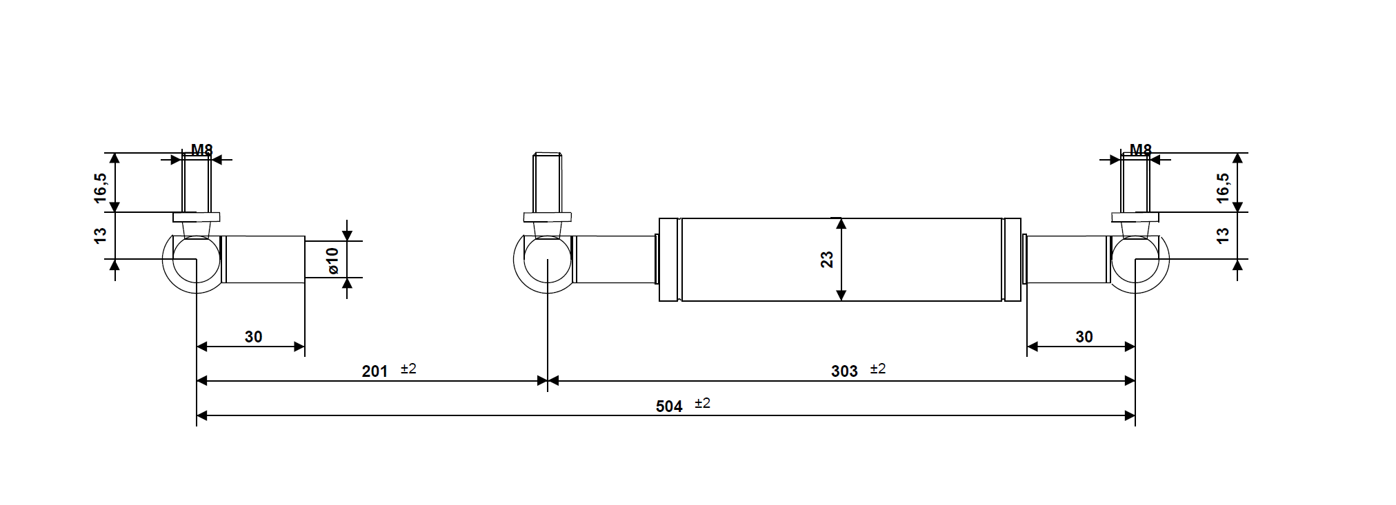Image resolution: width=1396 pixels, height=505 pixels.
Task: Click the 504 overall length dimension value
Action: pyautogui.click(x=668, y=406)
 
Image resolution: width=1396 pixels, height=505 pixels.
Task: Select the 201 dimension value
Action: pyautogui.click(x=375, y=371)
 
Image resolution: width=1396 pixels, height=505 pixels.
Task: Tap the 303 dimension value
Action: pyautogui.click(x=844, y=371)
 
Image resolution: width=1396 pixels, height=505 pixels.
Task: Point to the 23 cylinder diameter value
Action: pyautogui.click(x=827, y=260)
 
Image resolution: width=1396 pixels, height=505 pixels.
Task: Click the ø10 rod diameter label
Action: pyautogui.click(x=332, y=260)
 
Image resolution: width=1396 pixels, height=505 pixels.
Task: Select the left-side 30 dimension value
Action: pyautogui.click(x=253, y=337)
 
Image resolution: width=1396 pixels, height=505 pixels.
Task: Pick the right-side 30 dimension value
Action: pyautogui.click(x=1084, y=337)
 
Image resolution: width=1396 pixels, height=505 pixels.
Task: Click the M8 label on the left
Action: pyautogui.click(x=201, y=150)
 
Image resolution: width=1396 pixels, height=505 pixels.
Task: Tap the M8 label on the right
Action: pyautogui.click(x=1140, y=150)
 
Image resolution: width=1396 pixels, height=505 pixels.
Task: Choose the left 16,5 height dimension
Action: pyautogui.click(x=101, y=187)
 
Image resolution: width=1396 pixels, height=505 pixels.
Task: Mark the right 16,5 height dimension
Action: pyautogui.click(x=1223, y=187)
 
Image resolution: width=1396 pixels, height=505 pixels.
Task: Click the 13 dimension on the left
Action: pyautogui.click(x=101, y=235)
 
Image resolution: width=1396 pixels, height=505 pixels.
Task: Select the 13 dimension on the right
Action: pyautogui.click(x=1223, y=235)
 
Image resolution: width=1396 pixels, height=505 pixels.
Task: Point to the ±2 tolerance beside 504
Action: pyautogui.click(x=702, y=404)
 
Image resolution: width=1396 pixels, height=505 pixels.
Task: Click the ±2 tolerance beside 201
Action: pyautogui.click(x=408, y=369)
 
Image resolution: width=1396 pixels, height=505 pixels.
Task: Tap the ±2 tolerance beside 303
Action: pyautogui.click(x=877, y=369)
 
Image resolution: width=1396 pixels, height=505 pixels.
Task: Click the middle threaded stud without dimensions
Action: pyautogui.click(x=547, y=183)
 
